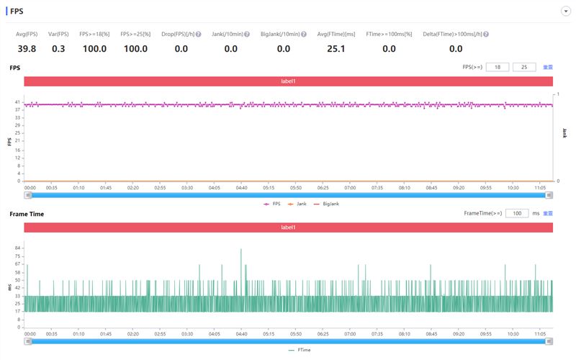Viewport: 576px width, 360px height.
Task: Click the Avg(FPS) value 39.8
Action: (27, 49)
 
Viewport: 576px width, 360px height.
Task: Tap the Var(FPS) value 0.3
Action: (58, 49)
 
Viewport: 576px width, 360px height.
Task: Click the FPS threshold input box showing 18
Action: (498, 67)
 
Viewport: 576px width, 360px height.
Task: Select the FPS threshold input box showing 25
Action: (524, 67)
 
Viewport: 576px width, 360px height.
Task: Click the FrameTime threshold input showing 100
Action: (517, 213)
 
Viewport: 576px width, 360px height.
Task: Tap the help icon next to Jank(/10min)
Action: (247, 34)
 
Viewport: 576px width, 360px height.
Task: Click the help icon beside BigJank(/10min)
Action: (303, 34)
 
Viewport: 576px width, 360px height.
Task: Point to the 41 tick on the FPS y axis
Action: (18, 102)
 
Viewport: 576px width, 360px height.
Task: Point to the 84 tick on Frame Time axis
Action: (18, 248)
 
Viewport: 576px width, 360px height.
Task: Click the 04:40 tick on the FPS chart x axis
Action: (240, 186)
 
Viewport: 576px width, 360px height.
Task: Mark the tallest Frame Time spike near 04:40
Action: (240, 250)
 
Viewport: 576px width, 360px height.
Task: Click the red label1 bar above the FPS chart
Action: (288, 81)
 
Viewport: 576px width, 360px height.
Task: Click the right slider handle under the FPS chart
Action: (549, 194)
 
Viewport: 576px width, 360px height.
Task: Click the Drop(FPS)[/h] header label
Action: (181, 34)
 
